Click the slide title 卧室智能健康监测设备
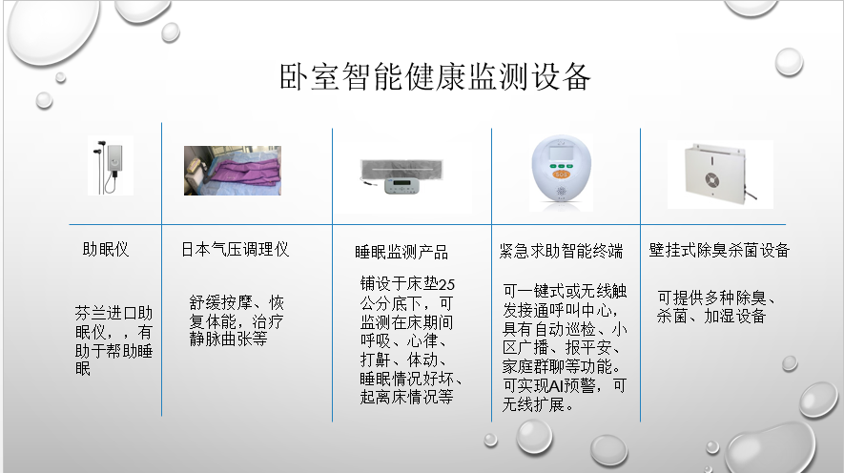435,76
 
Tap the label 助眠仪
106,250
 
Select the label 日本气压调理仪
235,250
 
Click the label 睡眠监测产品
401,252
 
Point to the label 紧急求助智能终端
561,251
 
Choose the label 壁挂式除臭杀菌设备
719,250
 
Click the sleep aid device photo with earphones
111,166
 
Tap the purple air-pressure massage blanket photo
233,170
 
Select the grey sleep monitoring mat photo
401,168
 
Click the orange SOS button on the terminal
561,174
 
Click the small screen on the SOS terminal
561,154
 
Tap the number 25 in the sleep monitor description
446,284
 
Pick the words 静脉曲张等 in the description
228,339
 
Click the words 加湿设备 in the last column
735,317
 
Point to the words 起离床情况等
407,397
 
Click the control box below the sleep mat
402,186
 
